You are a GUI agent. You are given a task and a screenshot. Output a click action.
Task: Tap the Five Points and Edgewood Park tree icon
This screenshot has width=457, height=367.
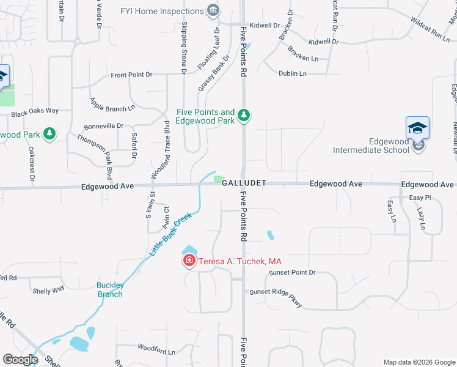tap(244, 115)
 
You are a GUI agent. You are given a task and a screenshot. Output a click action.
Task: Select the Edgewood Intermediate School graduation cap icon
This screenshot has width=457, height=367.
tap(418, 128)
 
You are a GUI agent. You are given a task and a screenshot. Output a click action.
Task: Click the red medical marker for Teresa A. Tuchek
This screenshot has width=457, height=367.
tap(189, 261)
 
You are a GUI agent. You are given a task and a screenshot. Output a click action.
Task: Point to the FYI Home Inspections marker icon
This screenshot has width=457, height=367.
tap(213, 10)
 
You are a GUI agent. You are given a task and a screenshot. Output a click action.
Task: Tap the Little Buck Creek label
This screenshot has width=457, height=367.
tap(171, 234)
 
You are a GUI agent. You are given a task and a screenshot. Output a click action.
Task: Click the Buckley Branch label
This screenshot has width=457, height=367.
tap(111, 289)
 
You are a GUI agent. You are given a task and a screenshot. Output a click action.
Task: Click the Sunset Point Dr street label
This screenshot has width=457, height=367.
tap(292, 272)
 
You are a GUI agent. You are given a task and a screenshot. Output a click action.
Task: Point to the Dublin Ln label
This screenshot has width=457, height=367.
tap(292, 73)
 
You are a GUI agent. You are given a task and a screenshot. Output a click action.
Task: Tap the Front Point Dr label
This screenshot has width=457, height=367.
tap(131, 75)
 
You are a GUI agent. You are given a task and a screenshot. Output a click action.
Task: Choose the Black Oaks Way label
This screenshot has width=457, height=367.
tap(34, 111)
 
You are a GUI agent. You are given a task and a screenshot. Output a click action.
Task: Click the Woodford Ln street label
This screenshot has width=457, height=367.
tap(156, 352)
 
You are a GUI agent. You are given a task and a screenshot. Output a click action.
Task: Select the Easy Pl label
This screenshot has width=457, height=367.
tap(420, 198)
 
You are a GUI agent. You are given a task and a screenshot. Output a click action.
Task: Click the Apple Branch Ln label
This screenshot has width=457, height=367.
tap(112, 105)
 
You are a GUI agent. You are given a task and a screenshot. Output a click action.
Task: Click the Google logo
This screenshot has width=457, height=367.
tap(20, 360)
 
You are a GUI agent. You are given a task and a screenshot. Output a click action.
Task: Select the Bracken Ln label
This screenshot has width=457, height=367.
tap(303, 57)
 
